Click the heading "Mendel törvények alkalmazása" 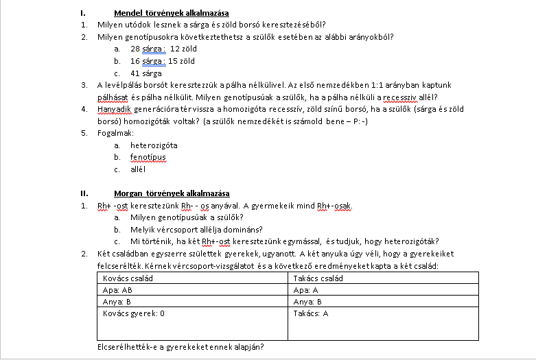(x=171, y=13)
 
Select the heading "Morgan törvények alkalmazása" (x=172, y=193)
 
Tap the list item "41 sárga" (x=145, y=73)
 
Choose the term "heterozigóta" (x=154, y=145)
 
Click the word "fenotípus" (x=148, y=157)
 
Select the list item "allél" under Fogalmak (x=138, y=169)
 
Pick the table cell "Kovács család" (x=126, y=278)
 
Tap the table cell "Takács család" (x=318, y=278)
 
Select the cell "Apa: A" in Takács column (x=306, y=290)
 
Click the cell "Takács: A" (x=311, y=313)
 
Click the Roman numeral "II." (x=84, y=193)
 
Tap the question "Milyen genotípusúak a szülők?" (x=182, y=217)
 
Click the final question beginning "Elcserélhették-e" (x=181, y=347)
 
